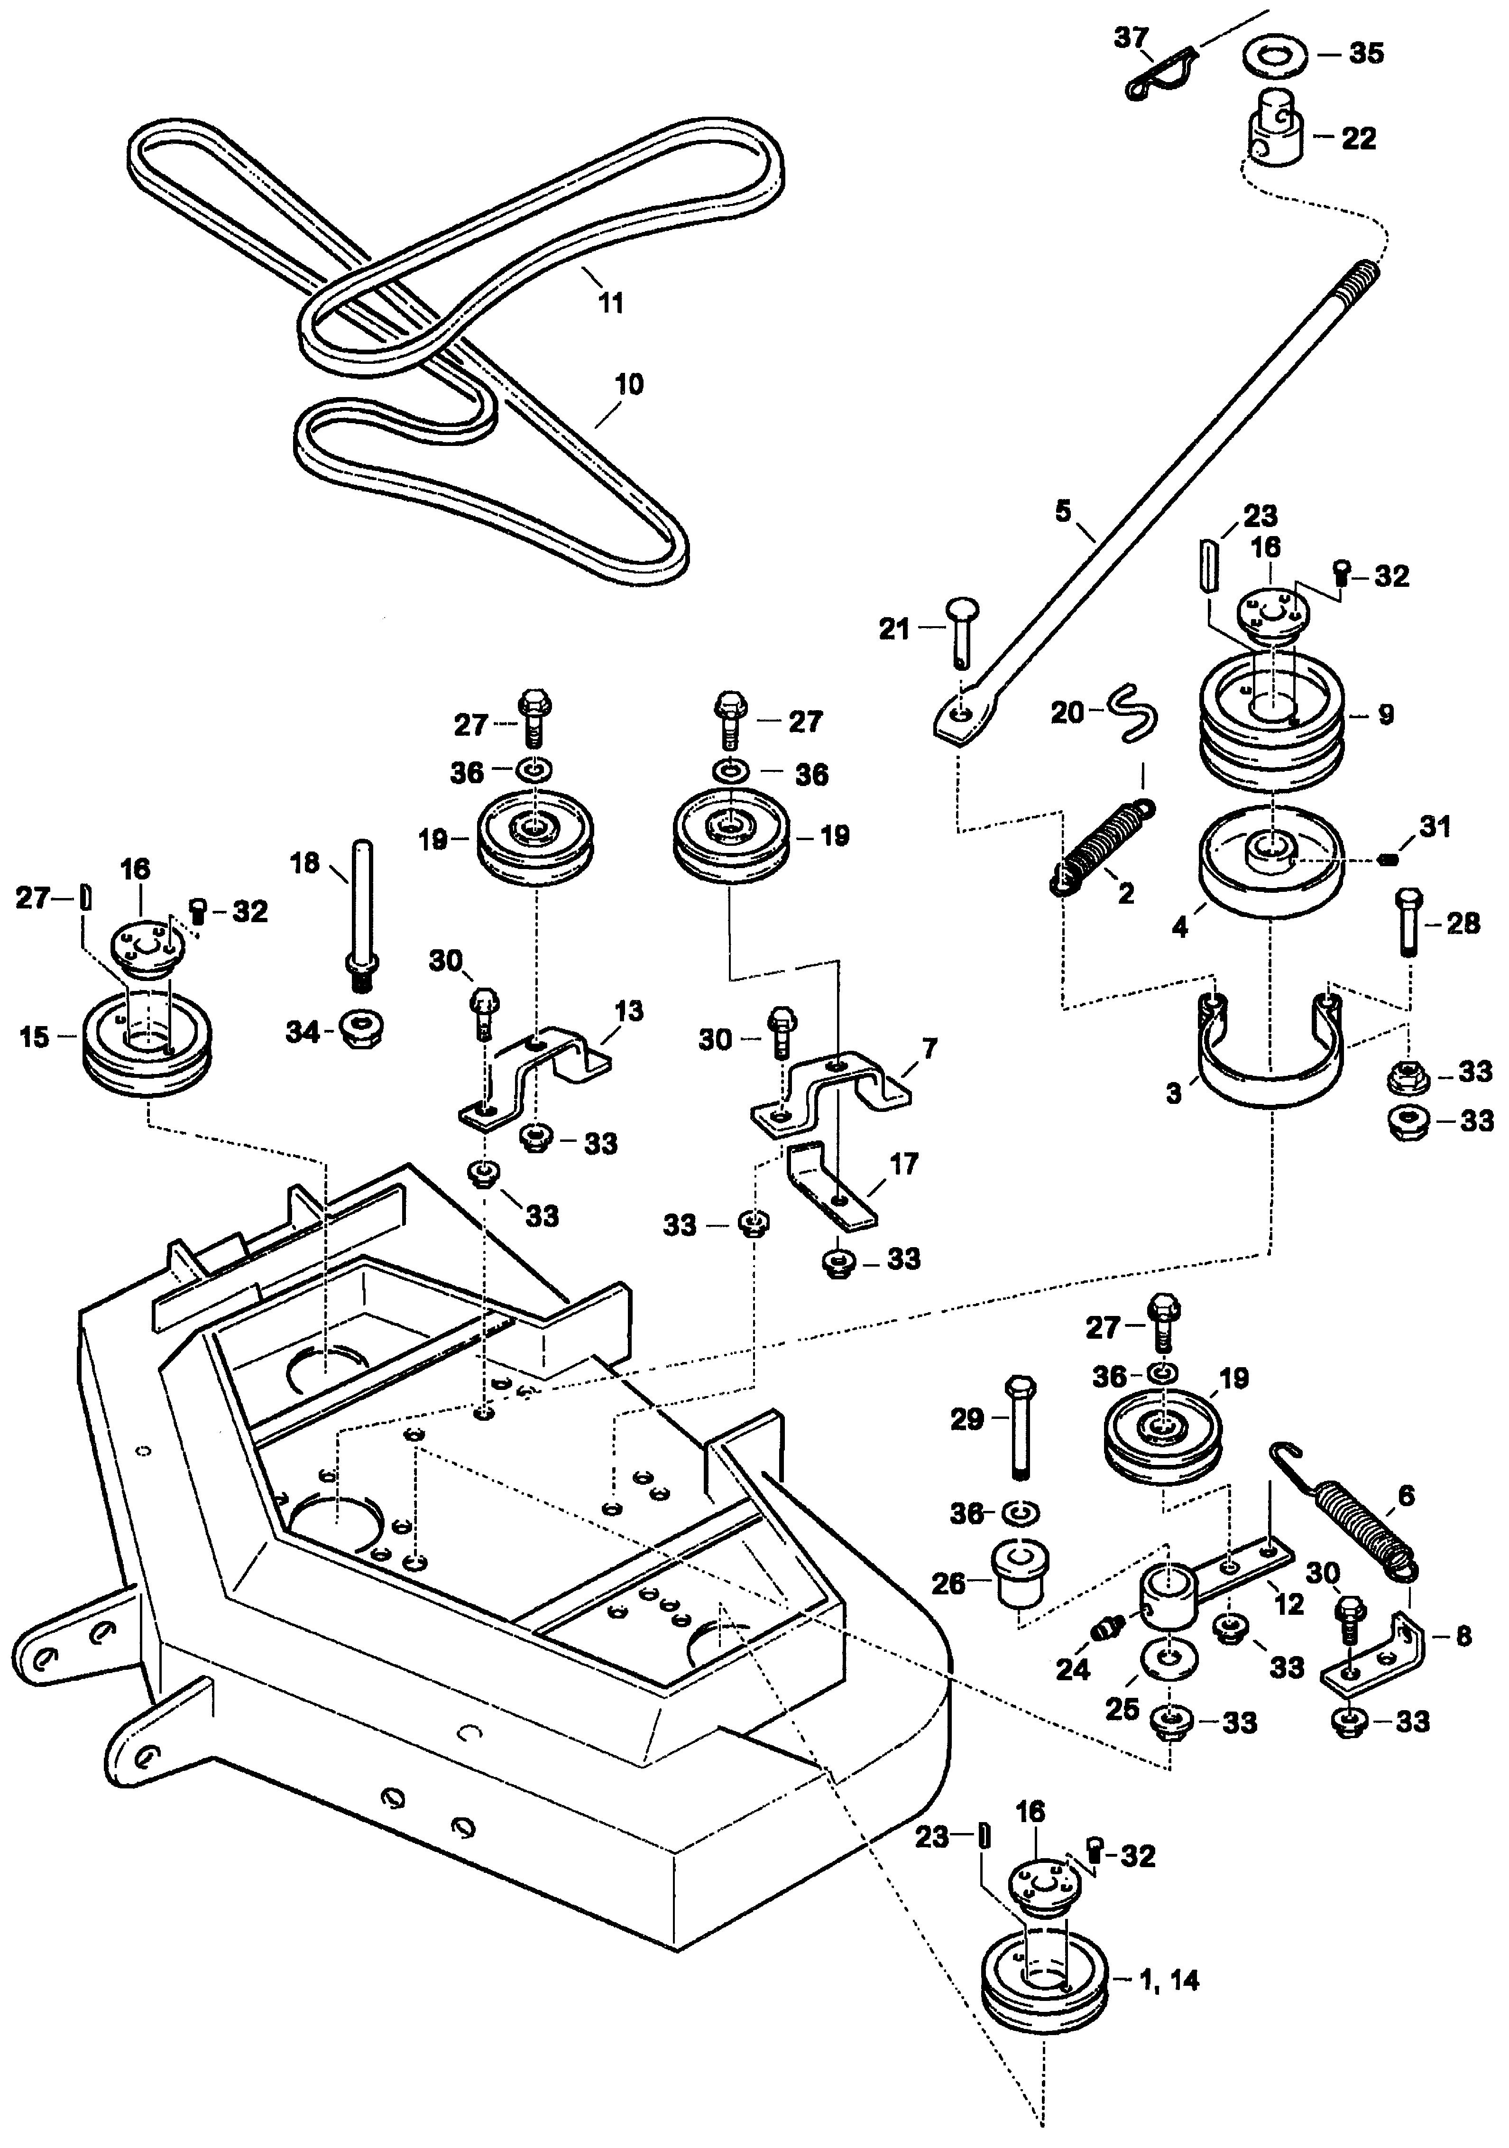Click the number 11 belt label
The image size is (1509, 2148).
(610, 303)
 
